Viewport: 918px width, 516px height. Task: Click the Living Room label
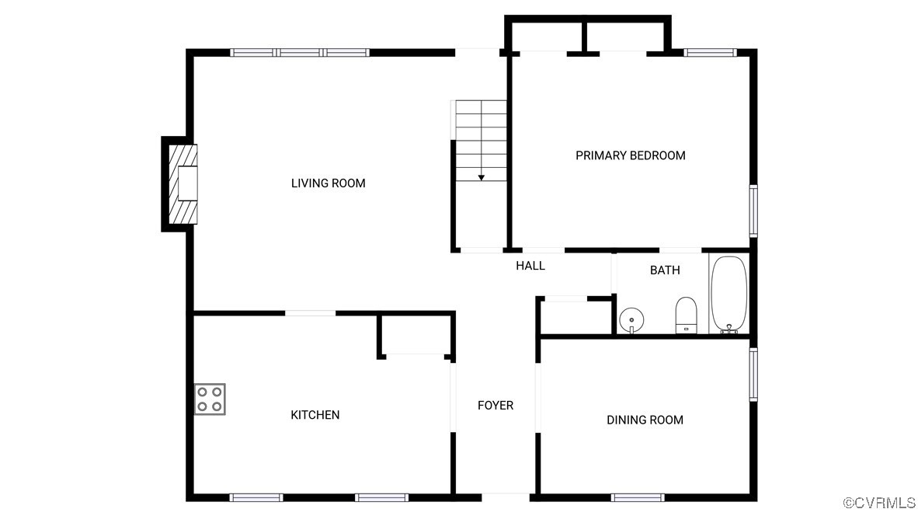point(328,183)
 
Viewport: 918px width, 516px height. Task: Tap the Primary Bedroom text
point(630,155)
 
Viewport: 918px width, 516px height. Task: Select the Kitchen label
point(315,415)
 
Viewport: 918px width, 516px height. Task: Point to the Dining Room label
point(645,420)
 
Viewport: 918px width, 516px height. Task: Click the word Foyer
point(496,406)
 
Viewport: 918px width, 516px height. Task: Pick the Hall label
point(530,266)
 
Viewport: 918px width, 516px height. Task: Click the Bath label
point(665,270)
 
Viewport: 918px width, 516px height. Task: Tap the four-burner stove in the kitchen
point(210,399)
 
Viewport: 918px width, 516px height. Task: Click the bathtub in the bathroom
point(729,295)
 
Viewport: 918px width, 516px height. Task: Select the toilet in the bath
point(686,315)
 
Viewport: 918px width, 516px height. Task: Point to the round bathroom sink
point(631,320)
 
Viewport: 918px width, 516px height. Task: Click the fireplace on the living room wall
point(183,184)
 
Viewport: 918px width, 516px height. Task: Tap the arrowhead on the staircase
point(482,177)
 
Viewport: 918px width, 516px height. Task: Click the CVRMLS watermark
point(878,503)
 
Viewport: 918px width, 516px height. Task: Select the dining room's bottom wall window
point(638,498)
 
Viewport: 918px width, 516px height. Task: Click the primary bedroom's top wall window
point(710,53)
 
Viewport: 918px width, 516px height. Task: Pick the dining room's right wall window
point(753,375)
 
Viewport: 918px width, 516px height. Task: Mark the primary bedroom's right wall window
point(753,211)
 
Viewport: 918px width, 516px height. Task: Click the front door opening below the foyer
point(506,497)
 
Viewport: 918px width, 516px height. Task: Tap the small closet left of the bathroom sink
point(575,318)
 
